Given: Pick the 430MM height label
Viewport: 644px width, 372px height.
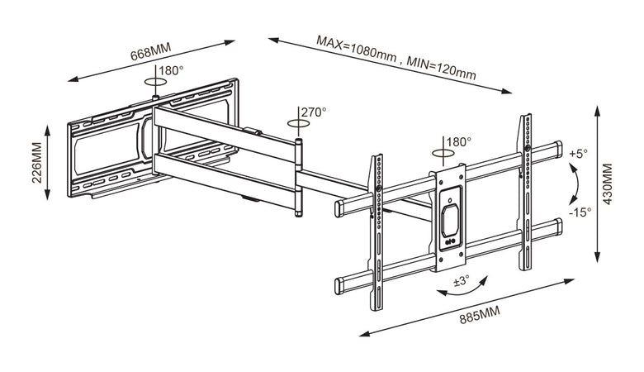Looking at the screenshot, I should (608, 189).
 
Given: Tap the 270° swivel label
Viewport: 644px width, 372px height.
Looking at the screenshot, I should (314, 111).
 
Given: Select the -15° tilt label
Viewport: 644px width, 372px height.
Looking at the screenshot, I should (580, 212).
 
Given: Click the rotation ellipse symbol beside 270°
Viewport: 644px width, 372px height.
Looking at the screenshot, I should (299, 122).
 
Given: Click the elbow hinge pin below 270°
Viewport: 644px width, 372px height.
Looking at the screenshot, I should (299, 178).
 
